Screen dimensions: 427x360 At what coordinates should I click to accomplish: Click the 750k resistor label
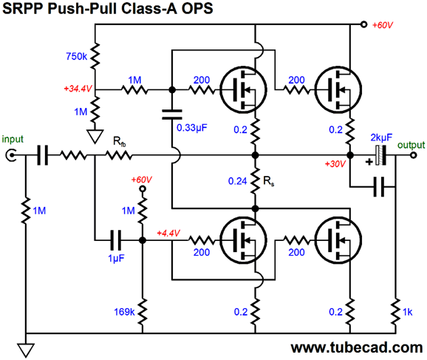(x=76, y=56)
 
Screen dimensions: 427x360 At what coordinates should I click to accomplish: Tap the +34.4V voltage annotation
(x=78, y=89)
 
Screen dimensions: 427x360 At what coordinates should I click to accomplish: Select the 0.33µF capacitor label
(x=192, y=128)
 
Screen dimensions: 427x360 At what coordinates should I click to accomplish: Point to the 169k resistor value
(x=124, y=312)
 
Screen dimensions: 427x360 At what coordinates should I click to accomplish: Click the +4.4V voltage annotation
(x=168, y=234)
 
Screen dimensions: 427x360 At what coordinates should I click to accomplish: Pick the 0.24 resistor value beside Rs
(x=237, y=181)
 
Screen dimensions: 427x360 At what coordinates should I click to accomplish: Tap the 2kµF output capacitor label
(x=381, y=138)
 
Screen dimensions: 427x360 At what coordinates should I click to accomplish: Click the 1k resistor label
(x=407, y=312)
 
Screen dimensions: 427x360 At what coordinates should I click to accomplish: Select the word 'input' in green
(x=13, y=139)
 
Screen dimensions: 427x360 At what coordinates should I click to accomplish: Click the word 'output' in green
(x=411, y=145)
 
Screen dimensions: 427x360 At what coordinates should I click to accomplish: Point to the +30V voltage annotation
(x=335, y=164)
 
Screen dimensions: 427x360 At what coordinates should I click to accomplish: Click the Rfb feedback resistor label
(x=120, y=142)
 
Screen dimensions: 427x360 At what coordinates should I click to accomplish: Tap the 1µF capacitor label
(x=116, y=258)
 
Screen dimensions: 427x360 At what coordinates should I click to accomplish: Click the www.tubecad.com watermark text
(x=357, y=347)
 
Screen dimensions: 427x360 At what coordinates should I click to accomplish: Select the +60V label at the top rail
(x=383, y=25)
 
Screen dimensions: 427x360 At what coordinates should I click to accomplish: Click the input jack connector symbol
(x=11, y=156)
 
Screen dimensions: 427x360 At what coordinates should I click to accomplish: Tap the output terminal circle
(x=414, y=155)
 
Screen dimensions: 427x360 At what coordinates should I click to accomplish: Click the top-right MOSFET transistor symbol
(x=338, y=89)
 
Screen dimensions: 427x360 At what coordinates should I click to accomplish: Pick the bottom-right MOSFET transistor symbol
(x=338, y=240)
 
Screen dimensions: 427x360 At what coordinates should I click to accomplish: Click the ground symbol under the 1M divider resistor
(x=95, y=136)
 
